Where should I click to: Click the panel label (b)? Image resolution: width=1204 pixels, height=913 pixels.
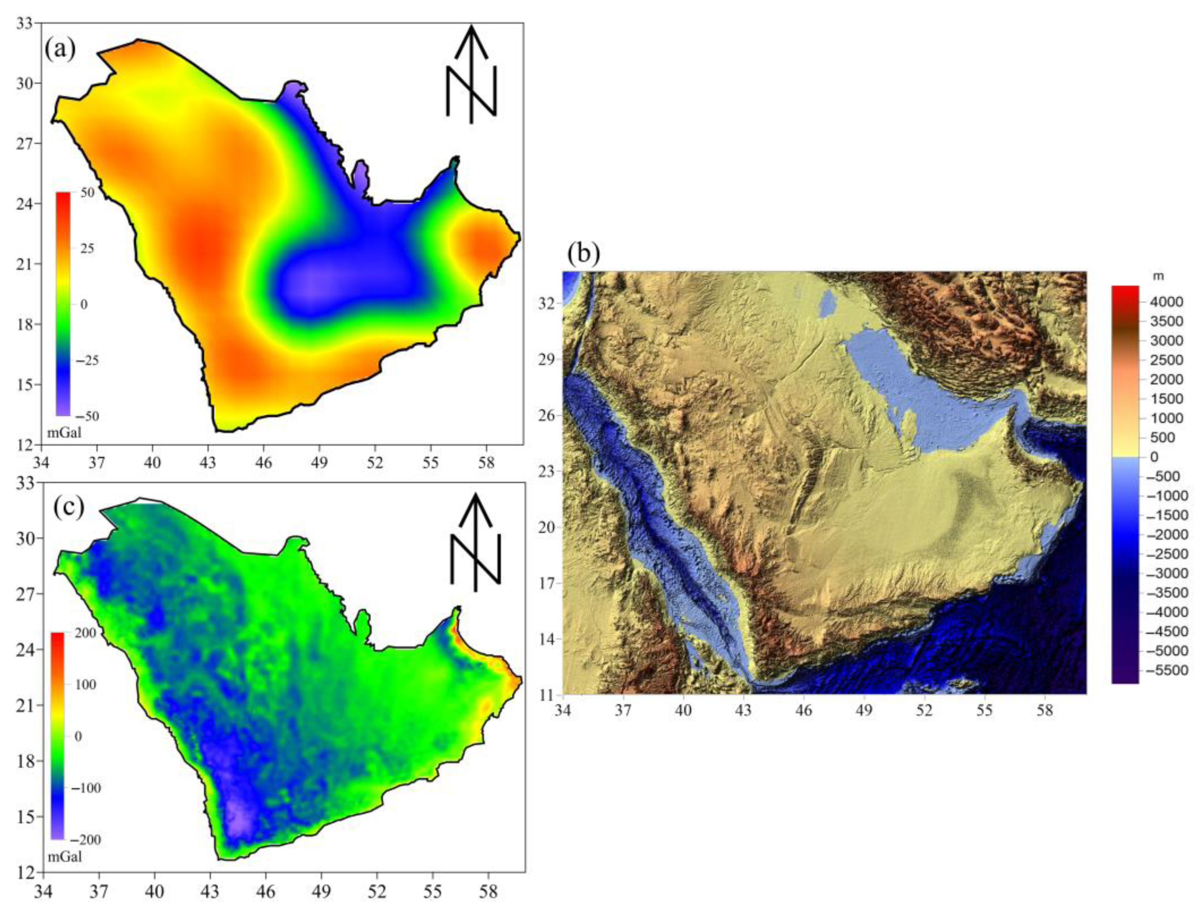tap(583, 253)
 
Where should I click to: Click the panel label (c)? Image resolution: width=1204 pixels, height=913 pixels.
tap(69, 506)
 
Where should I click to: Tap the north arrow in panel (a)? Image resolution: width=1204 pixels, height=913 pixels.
tap(471, 73)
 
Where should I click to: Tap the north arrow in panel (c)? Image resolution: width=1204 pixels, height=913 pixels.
tap(475, 542)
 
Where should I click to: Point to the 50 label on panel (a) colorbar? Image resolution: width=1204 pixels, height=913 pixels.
tap(87, 193)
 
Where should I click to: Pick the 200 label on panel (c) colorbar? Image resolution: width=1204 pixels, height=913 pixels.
tap(85, 633)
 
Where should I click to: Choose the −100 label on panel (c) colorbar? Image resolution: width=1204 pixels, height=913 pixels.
tap(86, 788)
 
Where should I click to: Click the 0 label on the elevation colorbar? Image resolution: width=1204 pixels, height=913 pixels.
tap(1153, 457)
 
